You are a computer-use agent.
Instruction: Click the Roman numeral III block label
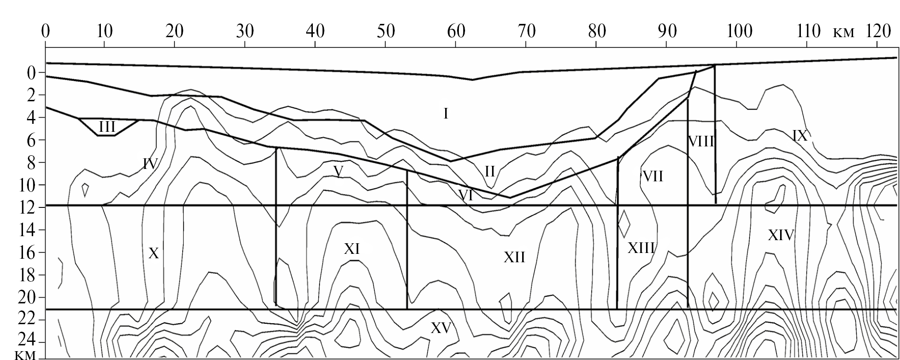pos(107,127)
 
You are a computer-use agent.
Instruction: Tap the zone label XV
pos(441,328)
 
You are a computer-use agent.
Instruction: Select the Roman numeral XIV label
pos(781,235)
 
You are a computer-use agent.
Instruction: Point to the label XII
pos(514,257)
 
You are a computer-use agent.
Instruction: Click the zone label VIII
pos(701,142)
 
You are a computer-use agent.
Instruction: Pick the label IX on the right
pos(800,135)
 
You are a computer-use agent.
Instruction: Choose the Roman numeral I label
pos(446,114)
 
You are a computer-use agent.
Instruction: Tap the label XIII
pos(641,248)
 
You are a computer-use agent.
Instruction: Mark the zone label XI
pos(352,249)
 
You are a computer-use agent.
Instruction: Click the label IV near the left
pos(150,164)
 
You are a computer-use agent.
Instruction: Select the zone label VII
pos(653,176)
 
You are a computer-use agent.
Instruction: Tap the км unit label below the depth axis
pos(25,355)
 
